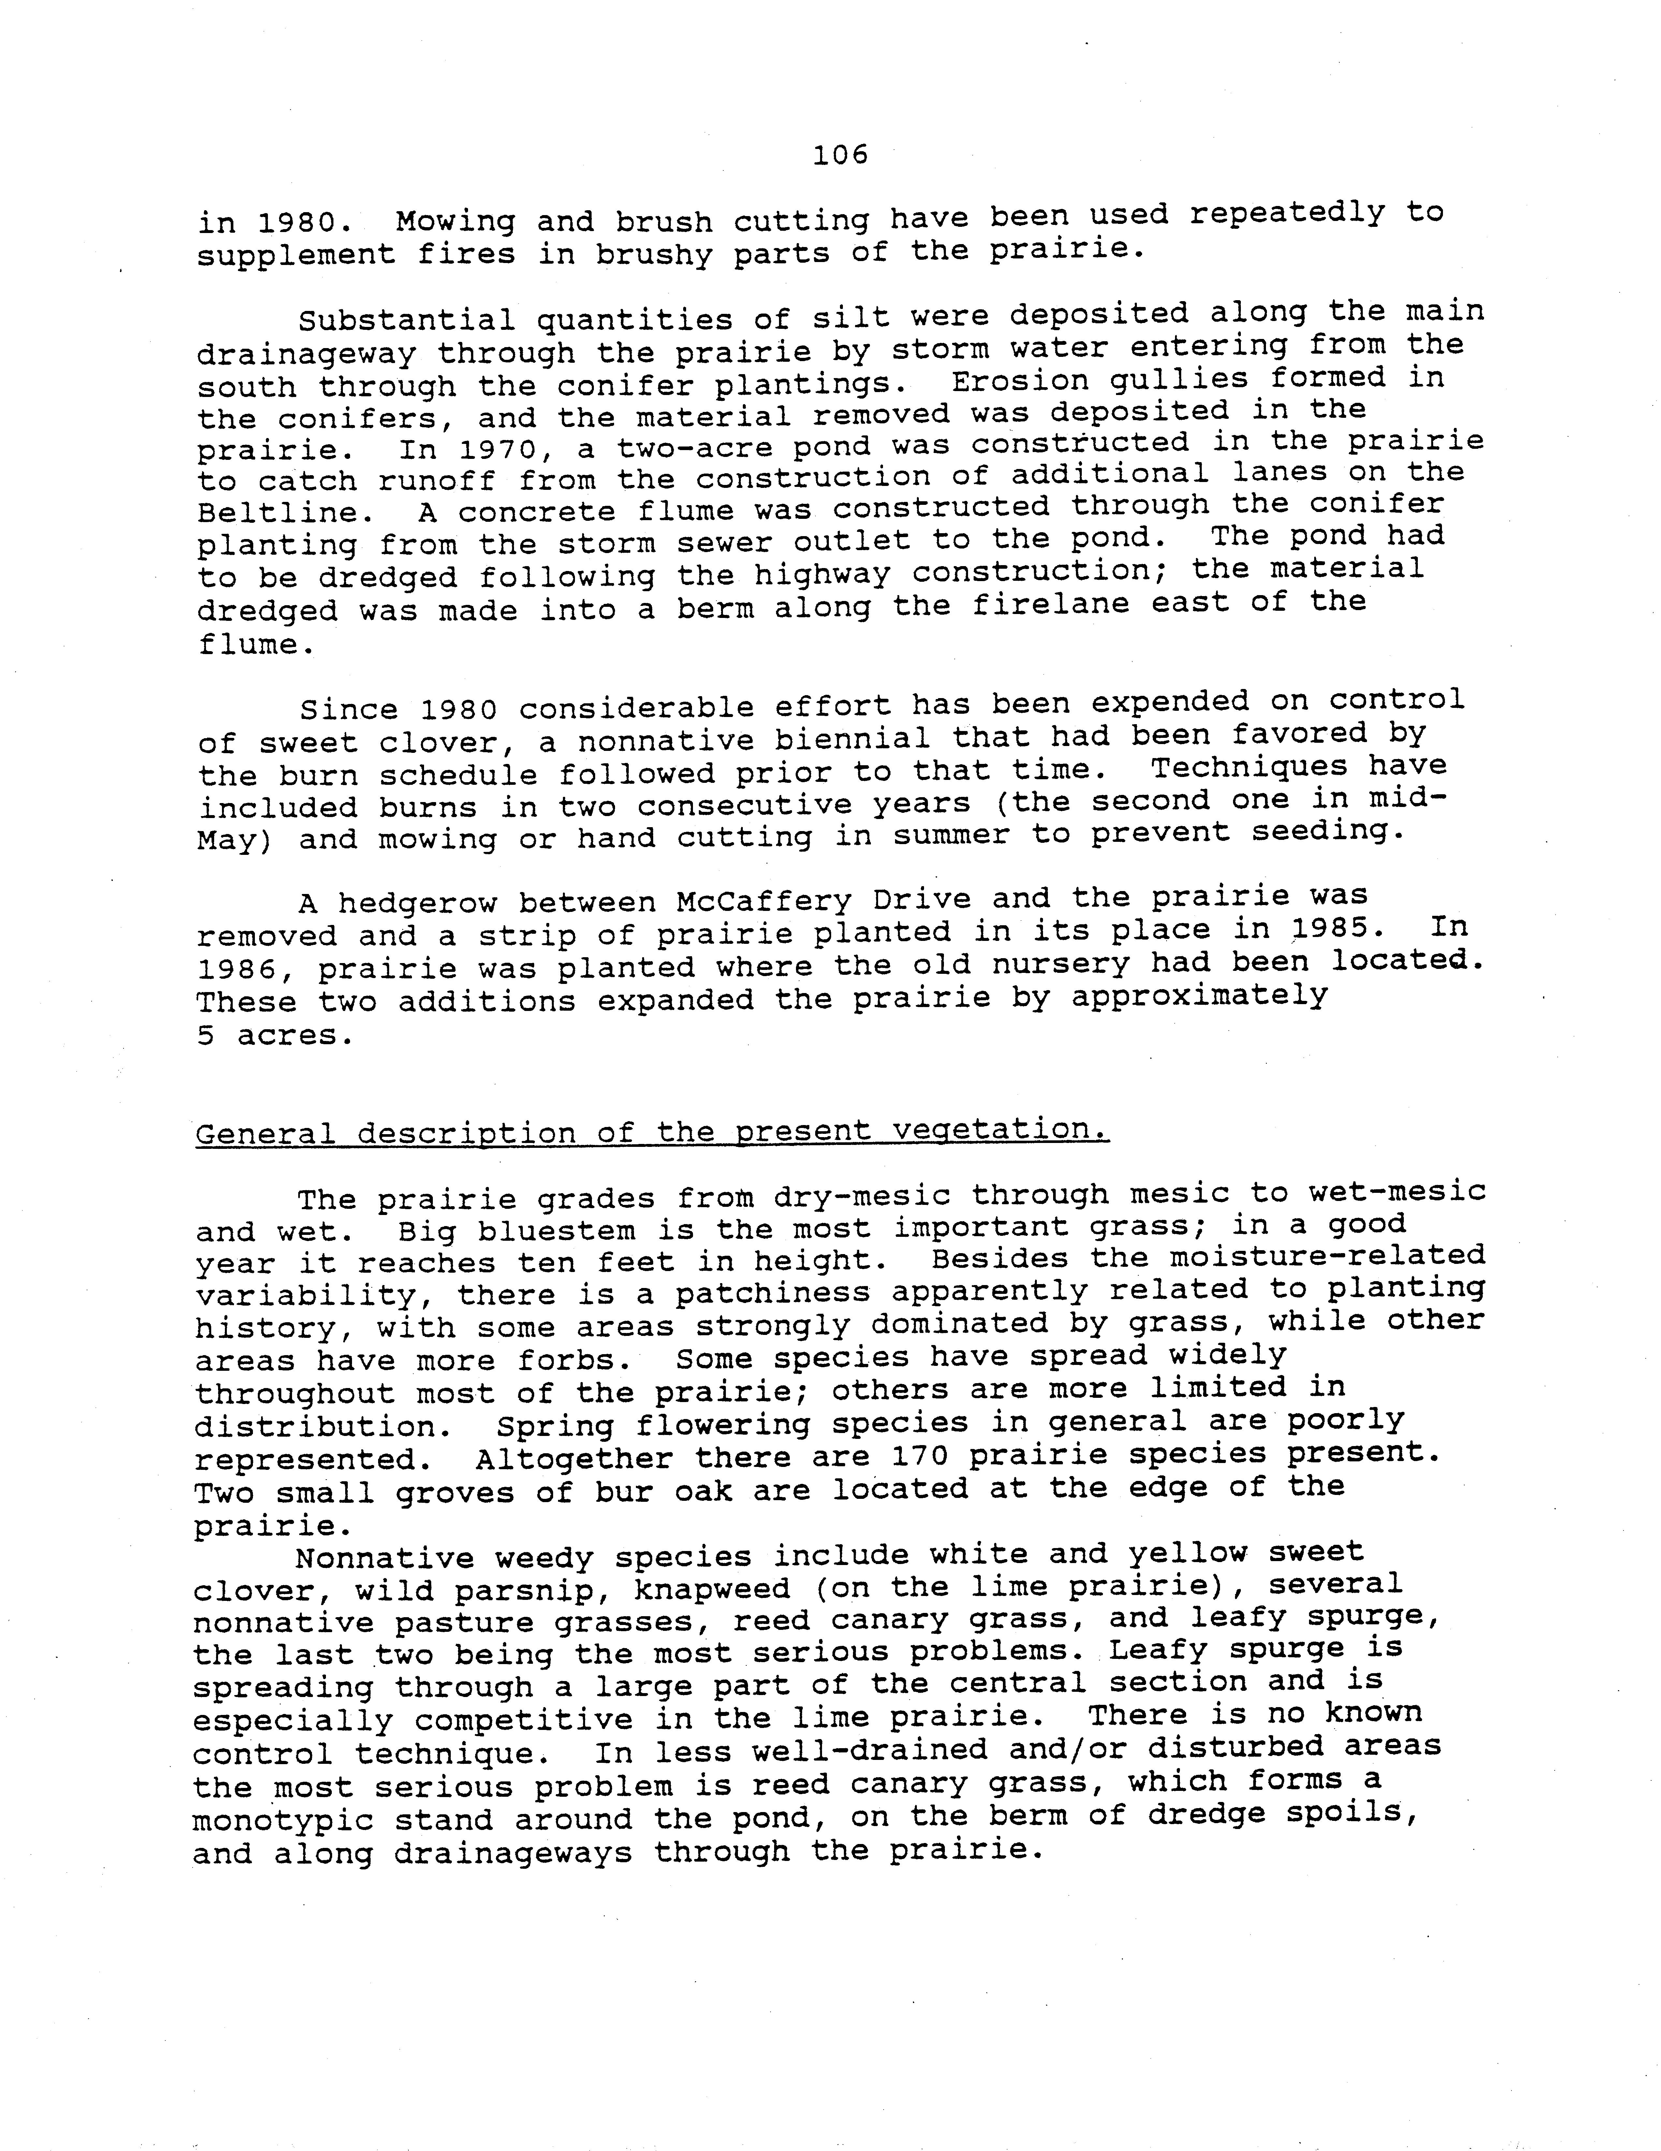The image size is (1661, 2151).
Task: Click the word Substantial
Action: pyautogui.click(x=406, y=320)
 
